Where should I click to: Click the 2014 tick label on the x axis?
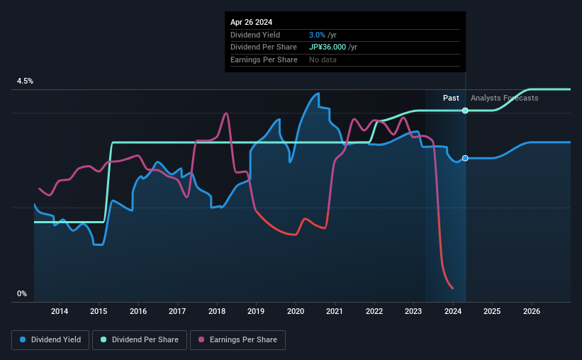tap(60, 311)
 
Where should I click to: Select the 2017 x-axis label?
tap(177, 311)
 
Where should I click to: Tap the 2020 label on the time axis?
tap(296, 311)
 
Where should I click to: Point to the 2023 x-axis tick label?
tap(414, 311)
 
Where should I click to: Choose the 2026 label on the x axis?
tap(532, 311)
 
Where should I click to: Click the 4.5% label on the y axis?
tap(26, 81)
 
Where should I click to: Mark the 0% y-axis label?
tap(22, 293)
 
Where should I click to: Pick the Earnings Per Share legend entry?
tap(237, 340)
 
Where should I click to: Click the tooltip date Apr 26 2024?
tap(251, 22)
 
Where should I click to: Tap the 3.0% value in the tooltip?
tap(317, 35)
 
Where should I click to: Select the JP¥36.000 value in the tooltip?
tap(329, 47)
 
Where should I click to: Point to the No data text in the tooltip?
tap(323, 60)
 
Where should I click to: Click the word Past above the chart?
tap(451, 98)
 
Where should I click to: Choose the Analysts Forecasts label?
tap(504, 98)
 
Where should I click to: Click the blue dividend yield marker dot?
tap(465, 158)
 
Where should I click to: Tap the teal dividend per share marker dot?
tap(465, 111)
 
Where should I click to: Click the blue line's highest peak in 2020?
tap(317, 94)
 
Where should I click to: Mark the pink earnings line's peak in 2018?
tap(226, 113)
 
